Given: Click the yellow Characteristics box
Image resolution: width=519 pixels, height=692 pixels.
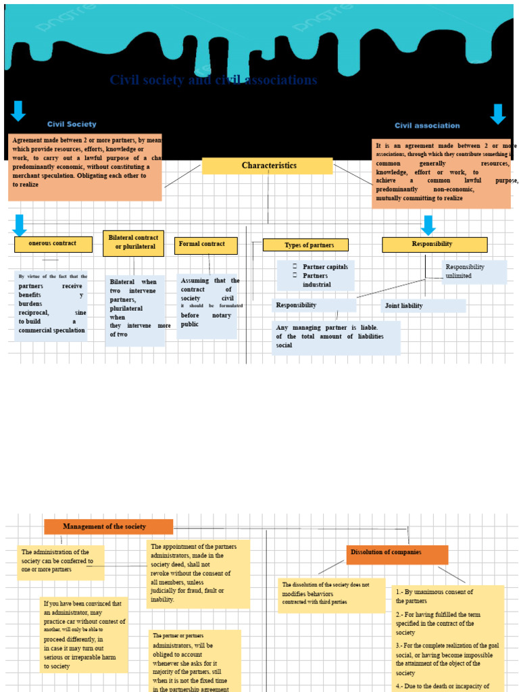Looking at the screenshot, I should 268,166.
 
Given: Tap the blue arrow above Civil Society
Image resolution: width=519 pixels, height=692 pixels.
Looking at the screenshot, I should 18,110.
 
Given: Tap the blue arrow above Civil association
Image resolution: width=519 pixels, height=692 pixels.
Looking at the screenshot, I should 497,114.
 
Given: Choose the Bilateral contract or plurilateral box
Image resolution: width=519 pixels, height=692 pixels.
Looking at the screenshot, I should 133,243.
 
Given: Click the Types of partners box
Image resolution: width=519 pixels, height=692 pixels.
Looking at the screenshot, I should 305,245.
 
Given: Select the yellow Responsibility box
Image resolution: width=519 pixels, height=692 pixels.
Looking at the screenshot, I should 434,244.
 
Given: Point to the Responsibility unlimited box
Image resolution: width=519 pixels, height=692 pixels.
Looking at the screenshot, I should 474,272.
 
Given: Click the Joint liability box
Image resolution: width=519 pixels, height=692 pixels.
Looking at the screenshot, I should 423,306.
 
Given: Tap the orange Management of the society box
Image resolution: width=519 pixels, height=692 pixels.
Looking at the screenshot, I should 108,526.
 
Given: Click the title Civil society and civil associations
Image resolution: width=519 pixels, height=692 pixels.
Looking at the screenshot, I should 213,80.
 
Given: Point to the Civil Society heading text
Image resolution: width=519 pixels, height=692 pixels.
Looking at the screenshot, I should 72,124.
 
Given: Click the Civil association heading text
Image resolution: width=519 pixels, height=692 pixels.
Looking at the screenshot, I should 427,126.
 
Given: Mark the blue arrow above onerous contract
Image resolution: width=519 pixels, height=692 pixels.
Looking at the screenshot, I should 19,224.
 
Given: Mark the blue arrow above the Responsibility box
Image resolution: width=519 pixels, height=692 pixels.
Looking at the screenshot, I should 428,225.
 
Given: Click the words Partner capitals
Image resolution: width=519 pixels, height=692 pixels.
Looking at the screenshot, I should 325,267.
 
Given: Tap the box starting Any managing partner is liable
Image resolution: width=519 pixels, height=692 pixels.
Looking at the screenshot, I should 337,337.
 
